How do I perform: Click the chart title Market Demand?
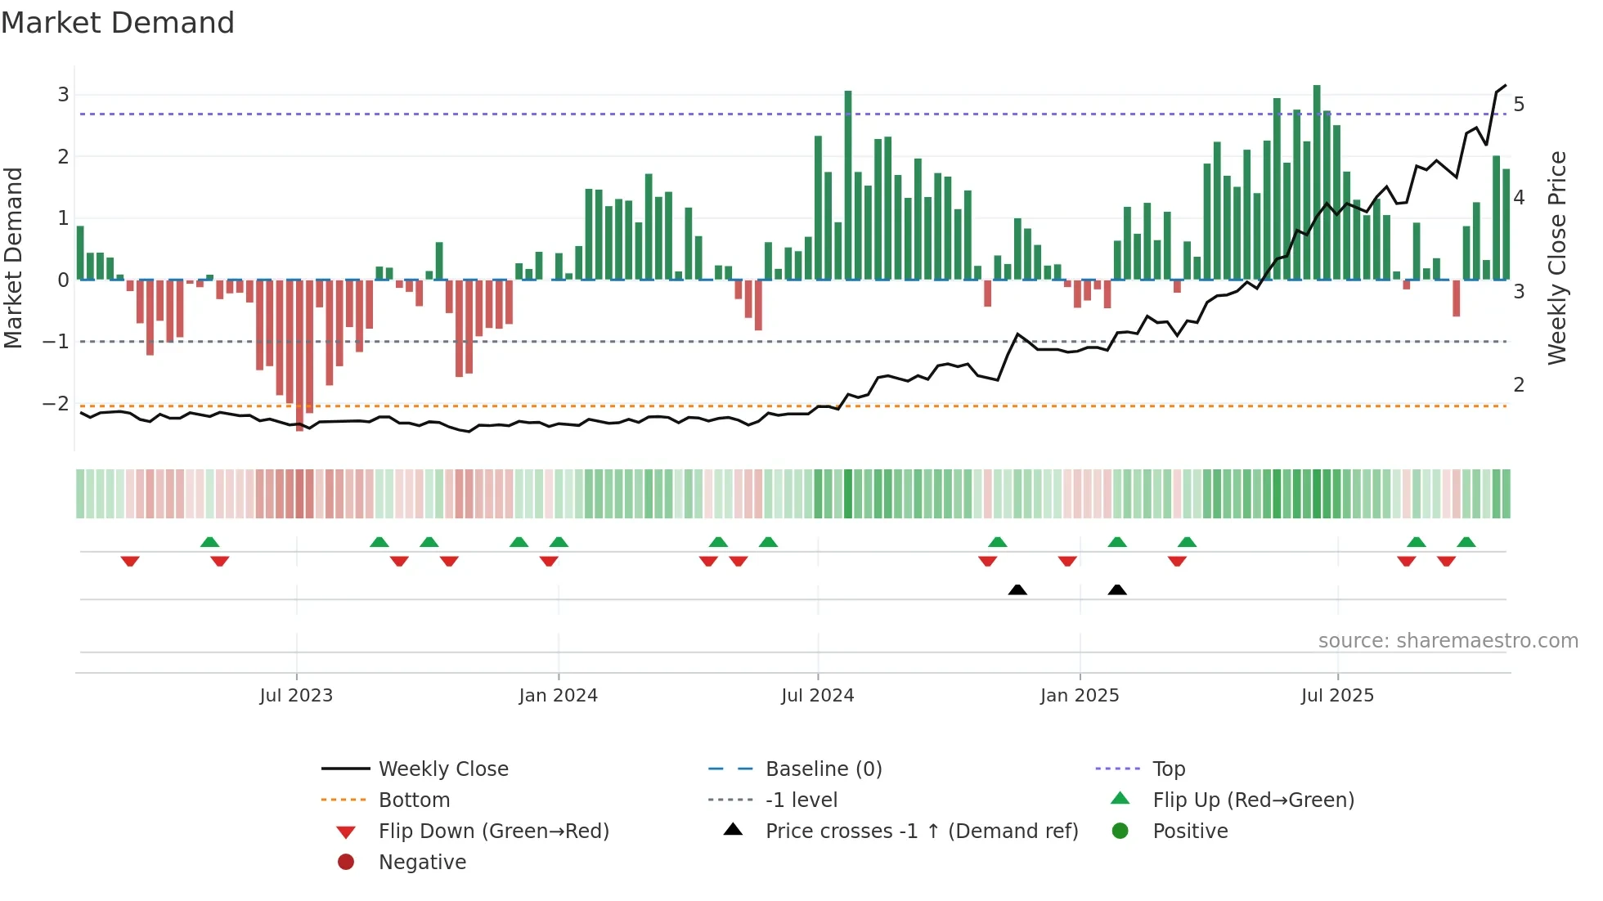[118, 22]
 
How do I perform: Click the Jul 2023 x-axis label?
[296, 696]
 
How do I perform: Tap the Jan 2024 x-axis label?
[559, 696]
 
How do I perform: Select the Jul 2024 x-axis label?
[818, 696]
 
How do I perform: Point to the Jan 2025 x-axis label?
[1080, 696]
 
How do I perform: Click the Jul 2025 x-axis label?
[1338, 696]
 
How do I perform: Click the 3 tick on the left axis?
[63, 95]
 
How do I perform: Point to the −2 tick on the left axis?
[56, 404]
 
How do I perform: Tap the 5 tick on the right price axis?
[1519, 105]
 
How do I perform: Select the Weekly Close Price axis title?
[1557, 258]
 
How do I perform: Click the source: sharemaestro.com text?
[1448, 641]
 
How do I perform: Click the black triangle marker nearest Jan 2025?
[1117, 590]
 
